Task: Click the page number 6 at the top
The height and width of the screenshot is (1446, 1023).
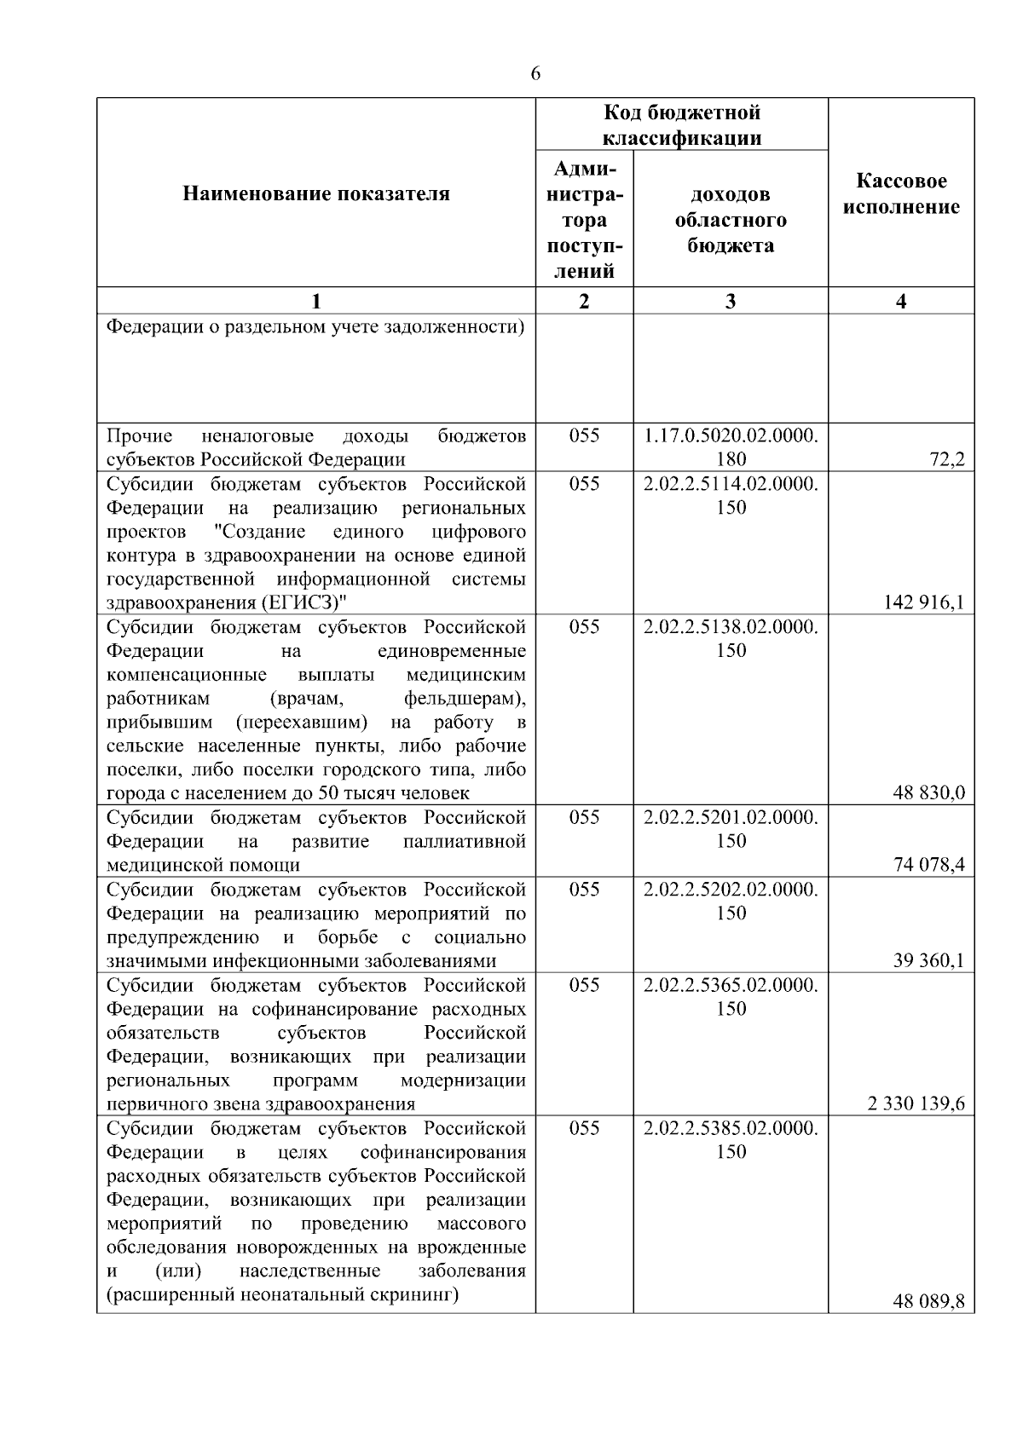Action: (535, 74)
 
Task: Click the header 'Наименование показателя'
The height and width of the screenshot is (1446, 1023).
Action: (316, 194)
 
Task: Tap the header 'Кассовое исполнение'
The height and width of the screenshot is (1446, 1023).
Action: (901, 194)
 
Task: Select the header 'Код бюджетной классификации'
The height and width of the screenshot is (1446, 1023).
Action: (682, 125)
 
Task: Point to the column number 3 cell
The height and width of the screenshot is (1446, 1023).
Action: (731, 301)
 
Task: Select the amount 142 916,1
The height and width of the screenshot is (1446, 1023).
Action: (923, 603)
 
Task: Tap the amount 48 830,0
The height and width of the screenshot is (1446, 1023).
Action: (928, 794)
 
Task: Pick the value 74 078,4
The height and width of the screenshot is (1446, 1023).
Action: (928, 866)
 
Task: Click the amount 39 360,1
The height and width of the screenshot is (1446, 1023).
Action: (928, 961)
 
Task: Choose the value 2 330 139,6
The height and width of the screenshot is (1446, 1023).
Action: (916, 1104)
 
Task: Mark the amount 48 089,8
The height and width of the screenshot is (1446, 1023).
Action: (928, 1302)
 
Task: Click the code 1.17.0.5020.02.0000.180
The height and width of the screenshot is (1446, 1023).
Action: (731, 447)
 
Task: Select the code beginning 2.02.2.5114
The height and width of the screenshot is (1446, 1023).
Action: (731, 495)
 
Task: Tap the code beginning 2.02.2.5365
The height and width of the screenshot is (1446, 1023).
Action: (731, 996)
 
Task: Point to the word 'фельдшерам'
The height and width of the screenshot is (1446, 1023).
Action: (465, 699)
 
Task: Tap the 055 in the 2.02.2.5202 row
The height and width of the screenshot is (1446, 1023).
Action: (584, 889)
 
